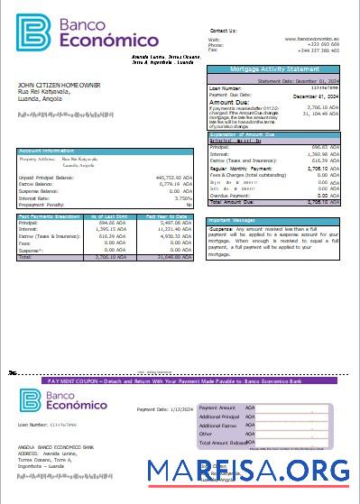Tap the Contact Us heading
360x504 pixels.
[222, 31]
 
